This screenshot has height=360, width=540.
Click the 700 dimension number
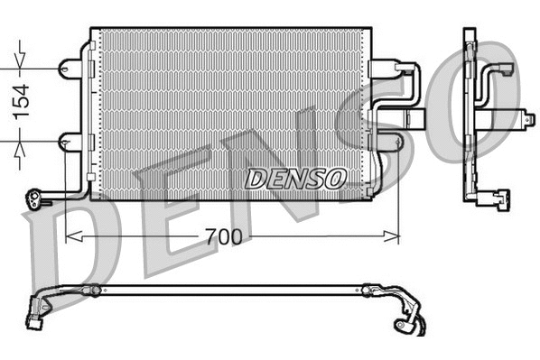222,238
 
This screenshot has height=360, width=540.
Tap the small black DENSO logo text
295,178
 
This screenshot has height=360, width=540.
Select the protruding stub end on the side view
526,118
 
